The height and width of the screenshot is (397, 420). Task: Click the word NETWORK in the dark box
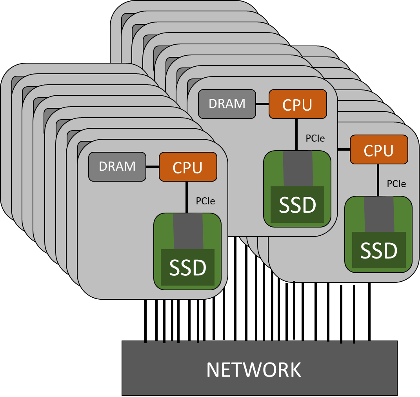point(254,370)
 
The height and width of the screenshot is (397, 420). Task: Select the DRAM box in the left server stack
point(117,167)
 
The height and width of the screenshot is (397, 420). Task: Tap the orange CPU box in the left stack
point(188,167)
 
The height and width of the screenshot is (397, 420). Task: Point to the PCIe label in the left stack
point(205,201)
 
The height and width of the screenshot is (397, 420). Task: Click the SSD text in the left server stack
point(187,268)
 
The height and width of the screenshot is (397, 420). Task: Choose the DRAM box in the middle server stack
point(227,104)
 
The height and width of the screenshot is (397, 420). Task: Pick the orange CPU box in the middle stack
point(298,104)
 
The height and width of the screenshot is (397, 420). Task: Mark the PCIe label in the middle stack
point(315,138)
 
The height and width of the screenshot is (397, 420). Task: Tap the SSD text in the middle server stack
point(297,205)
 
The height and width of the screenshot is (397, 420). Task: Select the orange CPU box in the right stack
point(379,150)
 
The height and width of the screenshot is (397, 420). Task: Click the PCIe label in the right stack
point(396,184)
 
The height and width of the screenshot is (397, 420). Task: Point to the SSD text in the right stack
point(379,251)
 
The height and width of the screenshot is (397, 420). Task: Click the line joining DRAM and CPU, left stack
point(153,167)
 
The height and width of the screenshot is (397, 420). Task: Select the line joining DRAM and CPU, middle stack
point(262,104)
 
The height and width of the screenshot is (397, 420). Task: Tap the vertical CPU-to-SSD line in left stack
point(187,197)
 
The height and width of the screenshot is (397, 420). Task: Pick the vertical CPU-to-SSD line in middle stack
point(297,135)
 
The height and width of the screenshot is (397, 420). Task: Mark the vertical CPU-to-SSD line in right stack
point(378,180)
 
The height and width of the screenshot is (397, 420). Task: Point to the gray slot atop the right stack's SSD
point(379,214)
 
